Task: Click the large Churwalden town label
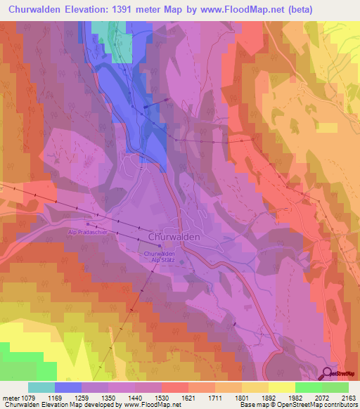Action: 174,238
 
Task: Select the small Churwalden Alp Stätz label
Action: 159,257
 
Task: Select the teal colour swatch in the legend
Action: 41,387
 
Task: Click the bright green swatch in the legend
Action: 308,387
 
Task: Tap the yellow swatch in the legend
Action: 281,387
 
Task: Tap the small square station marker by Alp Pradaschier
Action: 87,223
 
